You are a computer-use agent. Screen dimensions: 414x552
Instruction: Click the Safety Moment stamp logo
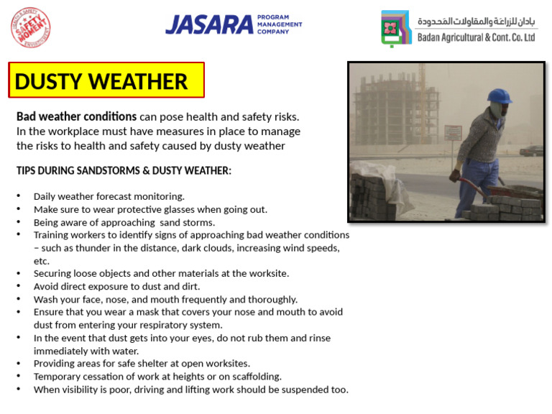point(31,27)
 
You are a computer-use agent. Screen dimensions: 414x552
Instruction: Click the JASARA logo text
point(208,24)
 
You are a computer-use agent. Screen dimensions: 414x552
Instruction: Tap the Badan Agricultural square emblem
point(396,28)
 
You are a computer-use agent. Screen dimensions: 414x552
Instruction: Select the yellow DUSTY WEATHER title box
point(106,80)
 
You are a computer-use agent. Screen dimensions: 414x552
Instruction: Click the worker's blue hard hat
point(498,96)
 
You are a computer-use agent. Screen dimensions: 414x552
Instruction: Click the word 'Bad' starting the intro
point(27,116)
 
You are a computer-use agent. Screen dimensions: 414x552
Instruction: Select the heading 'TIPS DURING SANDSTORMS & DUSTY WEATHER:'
point(124,170)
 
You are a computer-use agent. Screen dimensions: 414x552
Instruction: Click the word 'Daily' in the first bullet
point(45,196)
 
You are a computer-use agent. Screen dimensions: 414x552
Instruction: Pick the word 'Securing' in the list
point(52,273)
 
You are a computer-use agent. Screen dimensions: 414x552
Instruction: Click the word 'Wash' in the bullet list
point(45,299)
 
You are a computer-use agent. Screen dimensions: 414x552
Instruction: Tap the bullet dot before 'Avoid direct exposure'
point(19,287)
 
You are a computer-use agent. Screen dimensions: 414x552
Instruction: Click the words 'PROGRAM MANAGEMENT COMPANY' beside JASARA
point(280,24)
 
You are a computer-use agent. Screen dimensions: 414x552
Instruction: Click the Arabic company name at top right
point(477,21)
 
